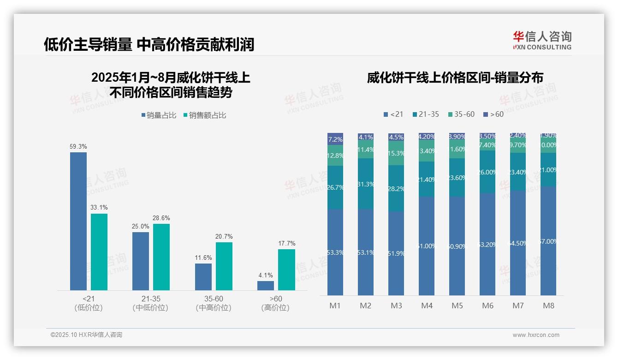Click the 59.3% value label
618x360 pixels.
78,147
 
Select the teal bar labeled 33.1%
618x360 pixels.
99,252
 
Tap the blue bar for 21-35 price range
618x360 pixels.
141,261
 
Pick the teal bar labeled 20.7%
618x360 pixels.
224,266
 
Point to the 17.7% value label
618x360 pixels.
287,244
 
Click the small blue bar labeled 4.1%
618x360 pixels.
266,286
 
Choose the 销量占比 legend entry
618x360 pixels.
159,115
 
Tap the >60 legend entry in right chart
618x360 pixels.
493,114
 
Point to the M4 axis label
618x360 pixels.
427,306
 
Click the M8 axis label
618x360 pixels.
548,306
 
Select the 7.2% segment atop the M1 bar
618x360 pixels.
335,139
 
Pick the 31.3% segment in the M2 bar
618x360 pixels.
366,184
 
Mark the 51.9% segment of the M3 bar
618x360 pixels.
396,253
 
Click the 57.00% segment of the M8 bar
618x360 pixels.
548,241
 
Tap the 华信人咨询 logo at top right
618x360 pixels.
542,41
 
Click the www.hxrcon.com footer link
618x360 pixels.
536,335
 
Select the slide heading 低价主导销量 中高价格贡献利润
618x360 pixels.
149,45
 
